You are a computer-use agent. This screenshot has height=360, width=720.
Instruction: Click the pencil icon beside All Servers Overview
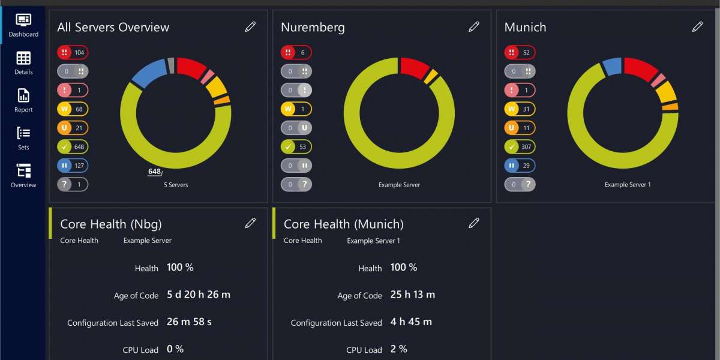pos(250,26)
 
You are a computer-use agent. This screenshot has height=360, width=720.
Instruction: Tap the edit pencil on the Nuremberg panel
pos(474,26)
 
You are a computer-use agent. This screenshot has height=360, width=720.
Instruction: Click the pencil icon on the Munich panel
pos(697,26)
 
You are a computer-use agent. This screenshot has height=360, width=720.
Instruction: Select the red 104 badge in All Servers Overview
pos(73,53)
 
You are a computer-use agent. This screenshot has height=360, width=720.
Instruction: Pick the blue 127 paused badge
pos(73,166)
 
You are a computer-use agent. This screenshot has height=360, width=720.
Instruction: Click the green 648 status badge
pos(73,147)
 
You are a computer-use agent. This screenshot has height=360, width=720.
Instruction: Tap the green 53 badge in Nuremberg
pos(296,147)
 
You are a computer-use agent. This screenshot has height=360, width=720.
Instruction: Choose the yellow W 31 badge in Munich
pos(520,109)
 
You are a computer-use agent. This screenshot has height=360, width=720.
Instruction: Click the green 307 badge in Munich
pos(520,147)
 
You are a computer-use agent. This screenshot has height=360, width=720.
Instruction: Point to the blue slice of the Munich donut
pos(613,67)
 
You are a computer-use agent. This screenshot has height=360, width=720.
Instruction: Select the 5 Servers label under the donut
pos(176,185)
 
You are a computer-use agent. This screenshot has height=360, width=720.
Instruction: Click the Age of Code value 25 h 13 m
pos(412,295)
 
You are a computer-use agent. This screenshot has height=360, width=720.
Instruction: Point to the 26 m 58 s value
pos(189,322)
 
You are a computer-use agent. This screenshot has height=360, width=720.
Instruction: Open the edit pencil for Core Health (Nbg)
pos(250,223)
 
